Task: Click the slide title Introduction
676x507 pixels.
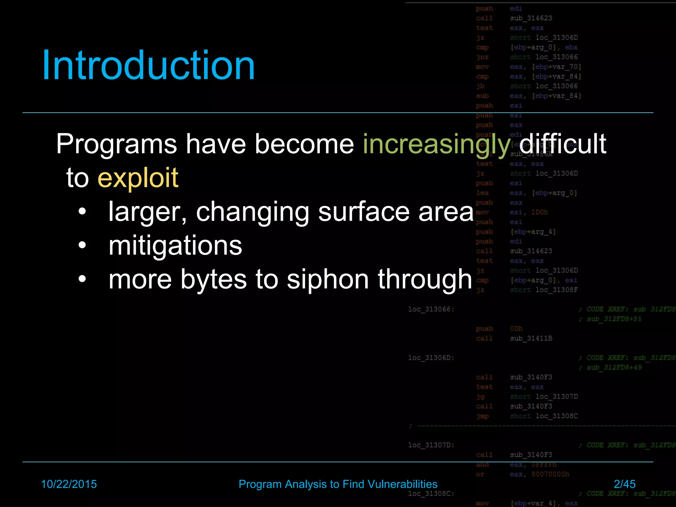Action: tap(149, 65)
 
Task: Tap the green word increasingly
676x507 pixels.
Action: tap(437, 145)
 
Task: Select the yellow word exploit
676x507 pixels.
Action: tap(138, 178)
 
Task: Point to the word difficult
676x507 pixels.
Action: tap(563, 144)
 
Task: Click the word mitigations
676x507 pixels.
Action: tap(175, 246)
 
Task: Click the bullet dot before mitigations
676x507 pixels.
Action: tap(82, 245)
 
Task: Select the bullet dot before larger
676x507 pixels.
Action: tap(82, 212)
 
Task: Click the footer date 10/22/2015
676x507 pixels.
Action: tap(69, 484)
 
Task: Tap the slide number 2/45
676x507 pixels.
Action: tap(625, 484)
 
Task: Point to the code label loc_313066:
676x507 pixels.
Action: tap(431, 309)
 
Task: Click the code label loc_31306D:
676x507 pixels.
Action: tap(431, 358)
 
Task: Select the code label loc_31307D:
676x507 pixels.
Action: tap(431, 445)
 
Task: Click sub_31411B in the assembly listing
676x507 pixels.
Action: tap(531, 338)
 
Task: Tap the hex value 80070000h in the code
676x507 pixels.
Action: tap(550, 474)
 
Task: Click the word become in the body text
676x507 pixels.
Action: tap(304, 145)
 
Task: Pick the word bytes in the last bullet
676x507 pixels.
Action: tap(214, 280)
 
